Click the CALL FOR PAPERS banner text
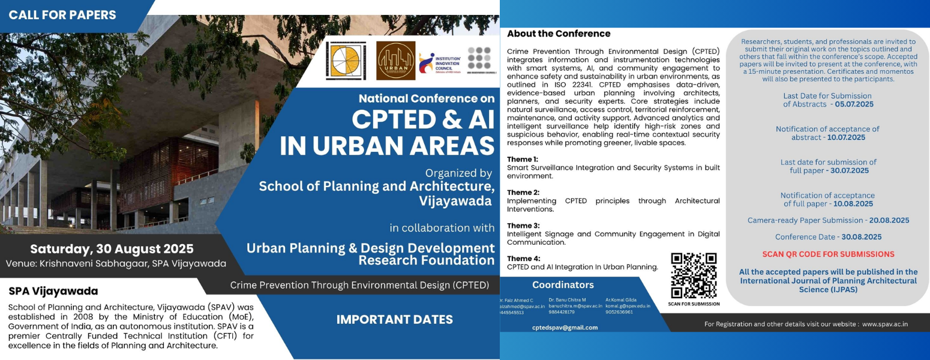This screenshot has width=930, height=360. pos(62,15)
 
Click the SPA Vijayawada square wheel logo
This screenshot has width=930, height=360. pos(346,61)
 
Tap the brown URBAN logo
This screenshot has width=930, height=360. pos(395,61)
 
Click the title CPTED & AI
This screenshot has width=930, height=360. pos(423,119)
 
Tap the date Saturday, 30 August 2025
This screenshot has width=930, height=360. pos(112,249)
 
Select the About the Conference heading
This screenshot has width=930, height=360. pos(559,34)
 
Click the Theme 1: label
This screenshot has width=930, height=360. pos(523,159)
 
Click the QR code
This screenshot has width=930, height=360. pos(694,275)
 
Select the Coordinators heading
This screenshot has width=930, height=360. pos(563,285)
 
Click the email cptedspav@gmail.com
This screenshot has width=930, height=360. pos(565,328)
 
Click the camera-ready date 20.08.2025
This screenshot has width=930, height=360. pos(889,220)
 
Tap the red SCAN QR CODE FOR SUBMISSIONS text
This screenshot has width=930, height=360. pos(828,254)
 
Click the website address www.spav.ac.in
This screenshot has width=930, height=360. pos(884,324)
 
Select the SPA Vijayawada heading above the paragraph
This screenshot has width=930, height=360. pos(53,292)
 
